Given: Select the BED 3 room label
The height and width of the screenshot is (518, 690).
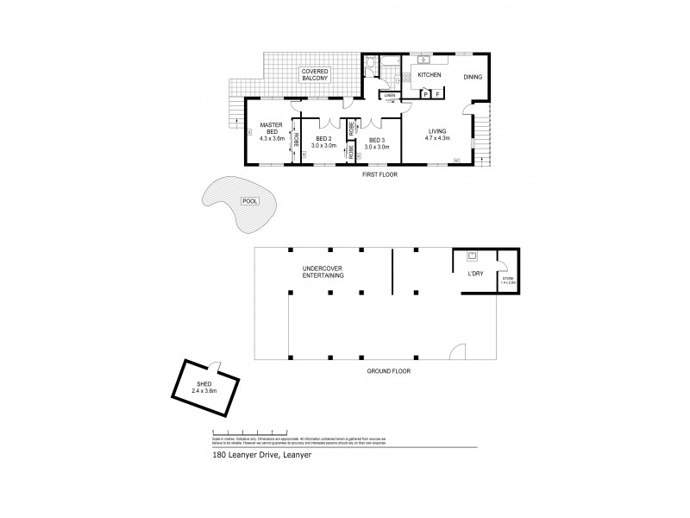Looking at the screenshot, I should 377,140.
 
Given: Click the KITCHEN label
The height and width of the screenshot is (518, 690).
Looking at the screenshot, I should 430,76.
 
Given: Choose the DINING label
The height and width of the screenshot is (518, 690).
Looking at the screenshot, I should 473,77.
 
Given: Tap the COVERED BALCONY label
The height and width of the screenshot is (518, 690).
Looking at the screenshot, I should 313,74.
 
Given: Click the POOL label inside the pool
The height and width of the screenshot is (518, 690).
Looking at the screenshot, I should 249,200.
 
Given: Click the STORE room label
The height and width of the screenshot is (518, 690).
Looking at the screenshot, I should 508,280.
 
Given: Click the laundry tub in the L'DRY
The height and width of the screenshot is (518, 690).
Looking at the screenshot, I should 473,256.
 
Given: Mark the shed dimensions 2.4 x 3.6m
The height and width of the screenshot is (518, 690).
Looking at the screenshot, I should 204,392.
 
